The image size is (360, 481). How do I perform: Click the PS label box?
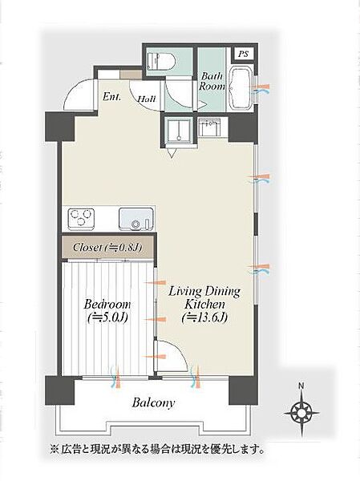[244, 55]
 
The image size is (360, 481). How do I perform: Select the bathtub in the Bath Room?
[241, 89]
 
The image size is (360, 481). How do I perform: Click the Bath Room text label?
[212, 81]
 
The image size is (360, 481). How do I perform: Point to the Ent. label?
[111, 97]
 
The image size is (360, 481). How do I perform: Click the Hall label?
[147, 99]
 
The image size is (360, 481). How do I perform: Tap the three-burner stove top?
[81, 219]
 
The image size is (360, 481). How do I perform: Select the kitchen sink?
[136, 219]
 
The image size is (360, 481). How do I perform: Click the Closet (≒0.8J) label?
[107, 247]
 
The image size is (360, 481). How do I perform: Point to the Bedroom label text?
[107, 311]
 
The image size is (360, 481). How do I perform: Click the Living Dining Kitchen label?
[204, 305]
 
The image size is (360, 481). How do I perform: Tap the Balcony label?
[153, 402]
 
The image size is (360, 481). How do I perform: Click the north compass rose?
[301, 413]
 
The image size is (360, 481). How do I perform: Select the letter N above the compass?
[301, 386]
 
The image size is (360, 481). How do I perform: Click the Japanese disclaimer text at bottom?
[157, 450]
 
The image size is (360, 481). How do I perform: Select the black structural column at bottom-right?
[244, 391]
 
